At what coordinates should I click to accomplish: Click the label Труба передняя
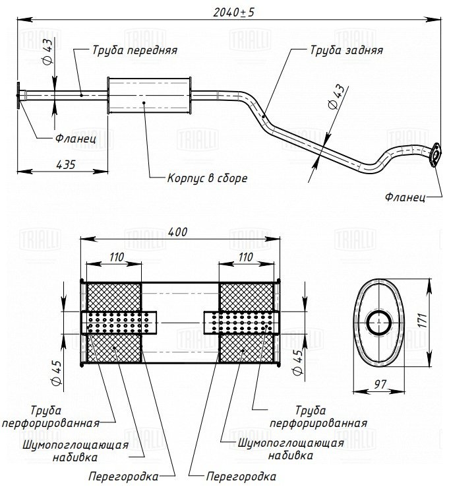[125, 49]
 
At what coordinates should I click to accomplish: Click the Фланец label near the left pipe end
[76, 139]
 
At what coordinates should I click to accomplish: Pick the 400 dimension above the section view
[178, 232]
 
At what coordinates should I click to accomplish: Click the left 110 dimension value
[116, 257]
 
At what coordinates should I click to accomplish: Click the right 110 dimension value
[245, 257]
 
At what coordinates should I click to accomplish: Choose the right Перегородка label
[241, 475]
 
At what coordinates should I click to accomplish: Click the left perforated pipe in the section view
[119, 323]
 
